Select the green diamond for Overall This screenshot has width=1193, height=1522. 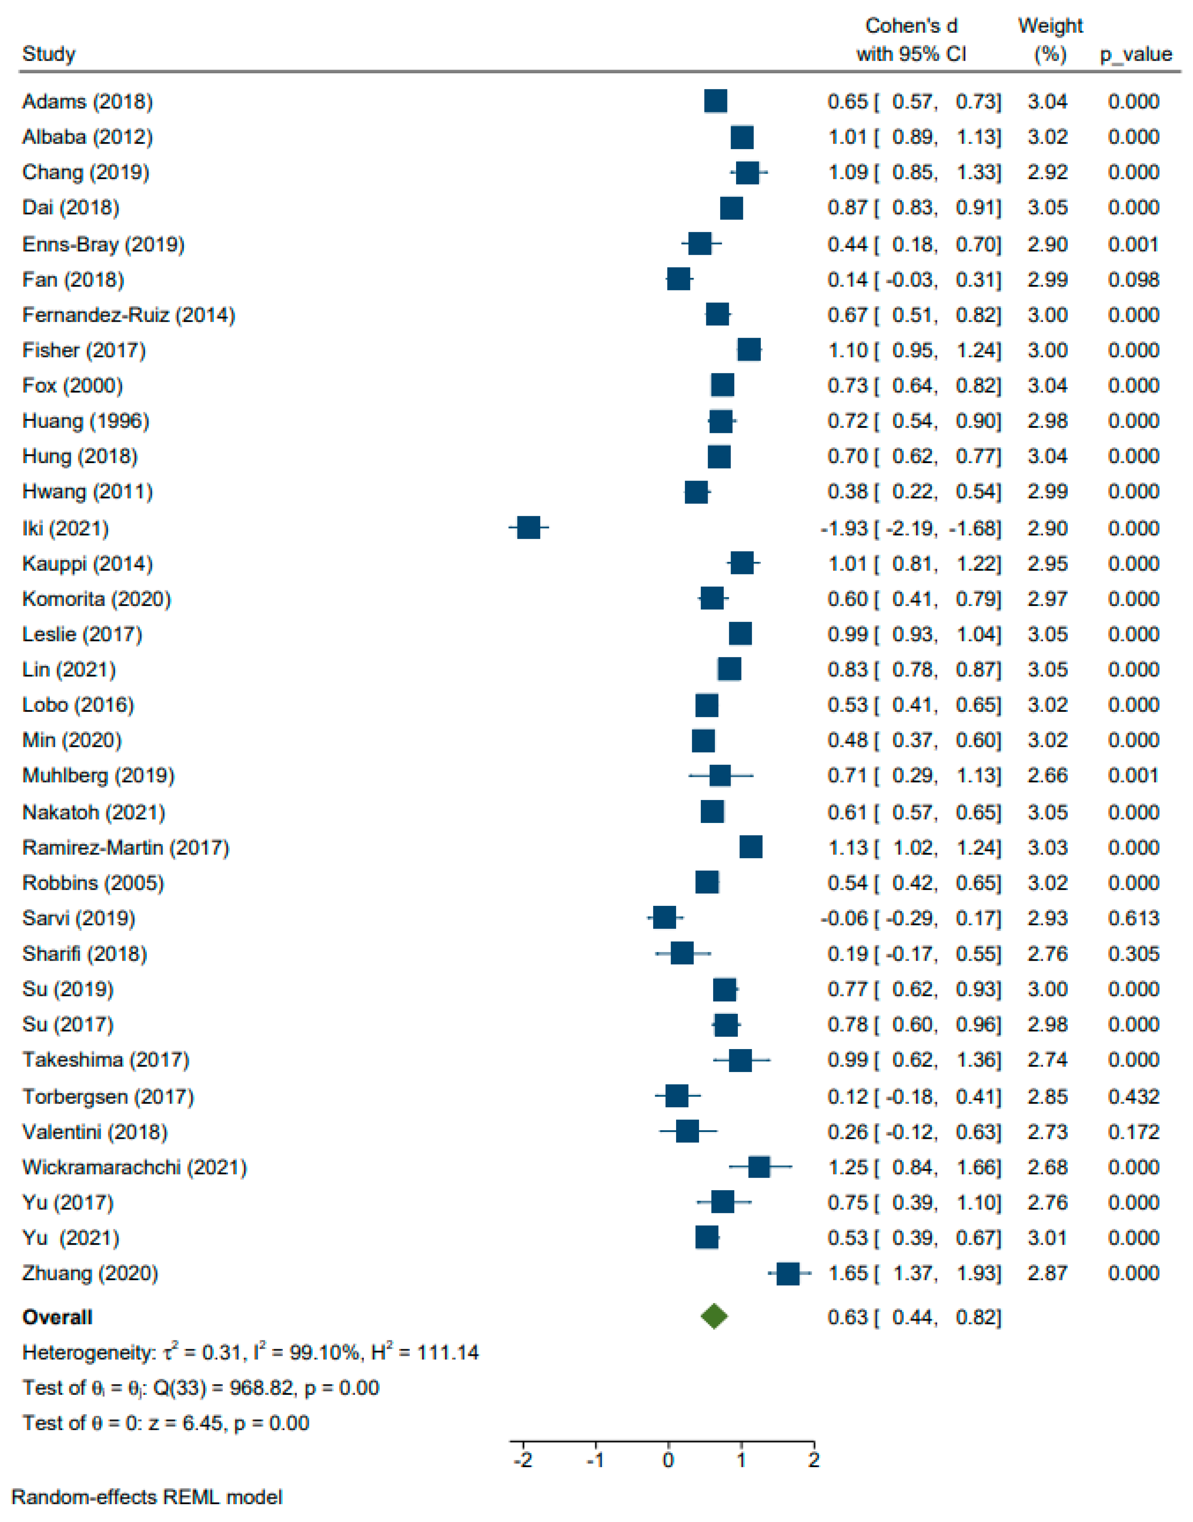click(x=714, y=1317)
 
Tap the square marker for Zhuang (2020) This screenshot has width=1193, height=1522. click(x=788, y=1273)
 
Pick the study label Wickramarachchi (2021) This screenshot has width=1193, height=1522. click(x=134, y=1167)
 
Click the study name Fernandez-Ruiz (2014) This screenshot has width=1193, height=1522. click(x=129, y=315)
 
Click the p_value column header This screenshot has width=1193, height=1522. click(x=1136, y=55)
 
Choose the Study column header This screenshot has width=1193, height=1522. click(x=49, y=55)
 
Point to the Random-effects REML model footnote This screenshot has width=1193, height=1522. click(x=147, y=1497)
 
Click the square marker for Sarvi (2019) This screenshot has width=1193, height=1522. click(x=664, y=918)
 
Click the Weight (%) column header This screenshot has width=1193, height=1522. click(x=1050, y=40)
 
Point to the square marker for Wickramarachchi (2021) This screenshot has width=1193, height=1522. click(x=759, y=1166)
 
